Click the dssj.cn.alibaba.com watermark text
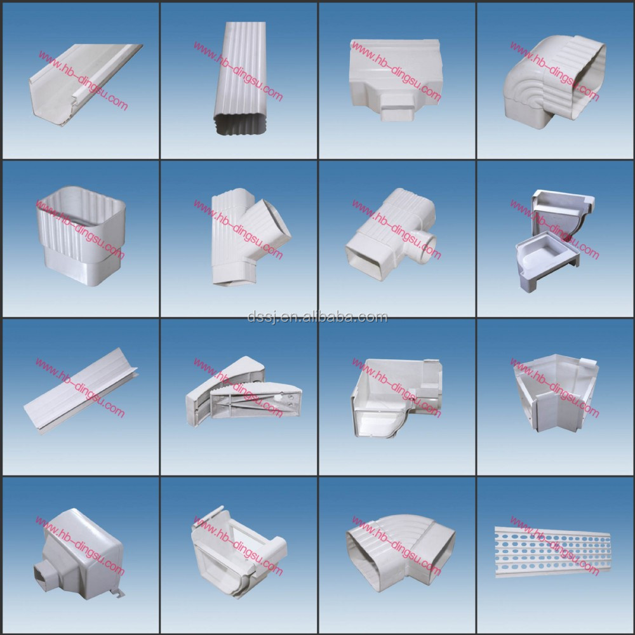(317, 317)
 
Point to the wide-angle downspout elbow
(400, 553)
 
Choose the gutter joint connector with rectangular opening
(239, 551)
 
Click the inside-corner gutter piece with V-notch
(556, 393)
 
